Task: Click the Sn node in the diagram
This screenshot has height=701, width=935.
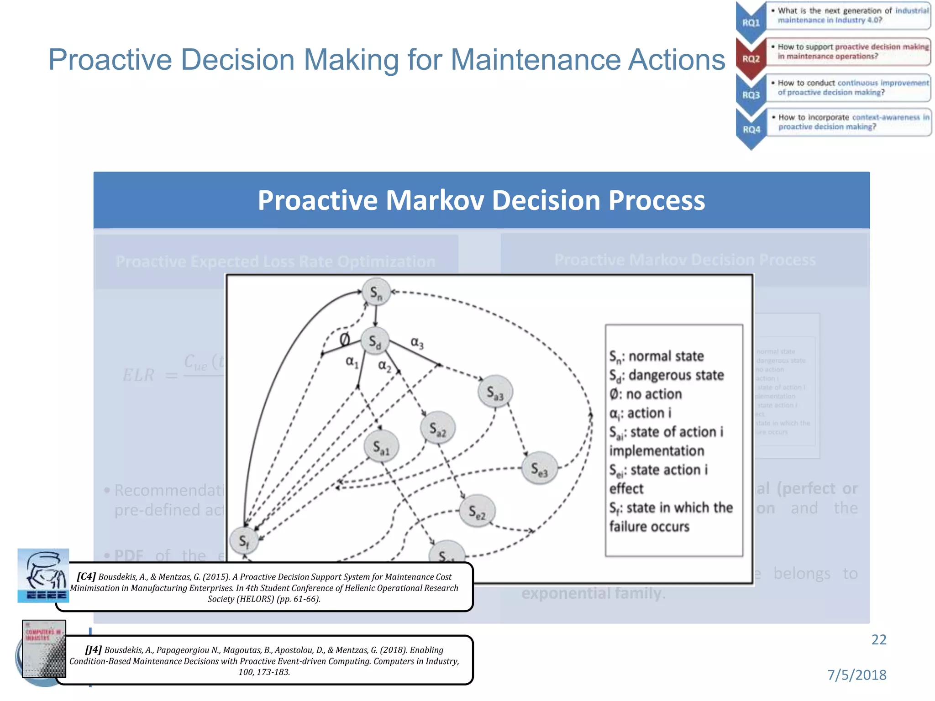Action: click(376, 292)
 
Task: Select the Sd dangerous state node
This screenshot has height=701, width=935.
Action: click(375, 341)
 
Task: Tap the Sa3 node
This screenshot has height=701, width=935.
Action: click(495, 392)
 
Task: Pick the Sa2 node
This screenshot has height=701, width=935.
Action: click(437, 428)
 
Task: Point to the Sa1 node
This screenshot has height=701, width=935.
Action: click(381, 446)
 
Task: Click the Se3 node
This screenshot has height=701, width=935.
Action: click(539, 468)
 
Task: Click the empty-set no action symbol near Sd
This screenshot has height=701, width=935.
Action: click(345, 339)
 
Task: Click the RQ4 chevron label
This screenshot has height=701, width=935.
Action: click(751, 130)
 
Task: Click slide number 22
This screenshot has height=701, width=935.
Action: click(878, 640)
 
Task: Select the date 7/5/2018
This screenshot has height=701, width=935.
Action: click(856, 675)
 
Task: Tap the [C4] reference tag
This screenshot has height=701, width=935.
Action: click(86, 576)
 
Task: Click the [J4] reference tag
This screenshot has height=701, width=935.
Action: click(94, 649)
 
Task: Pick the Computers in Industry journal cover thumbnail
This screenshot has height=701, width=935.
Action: click(44, 649)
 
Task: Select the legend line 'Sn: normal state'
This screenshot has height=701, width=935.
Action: click(657, 356)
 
